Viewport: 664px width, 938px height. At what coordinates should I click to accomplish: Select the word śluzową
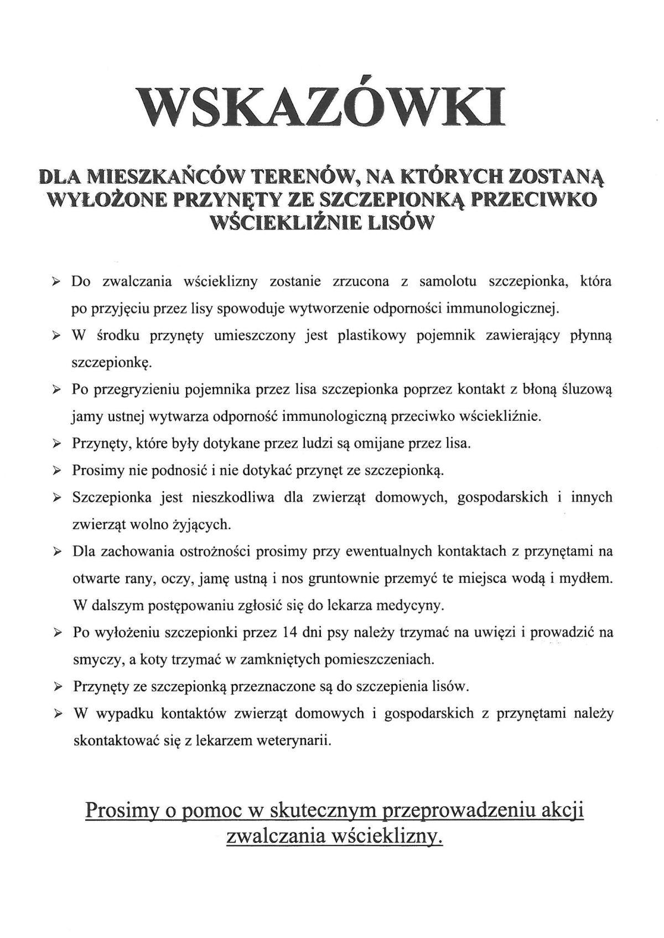(585, 389)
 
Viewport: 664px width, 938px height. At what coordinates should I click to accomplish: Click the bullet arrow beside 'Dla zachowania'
(56, 552)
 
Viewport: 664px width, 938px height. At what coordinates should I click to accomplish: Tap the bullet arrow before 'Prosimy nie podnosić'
(56, 471)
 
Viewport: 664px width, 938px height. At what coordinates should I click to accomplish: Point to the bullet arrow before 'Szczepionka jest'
(56, 498)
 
